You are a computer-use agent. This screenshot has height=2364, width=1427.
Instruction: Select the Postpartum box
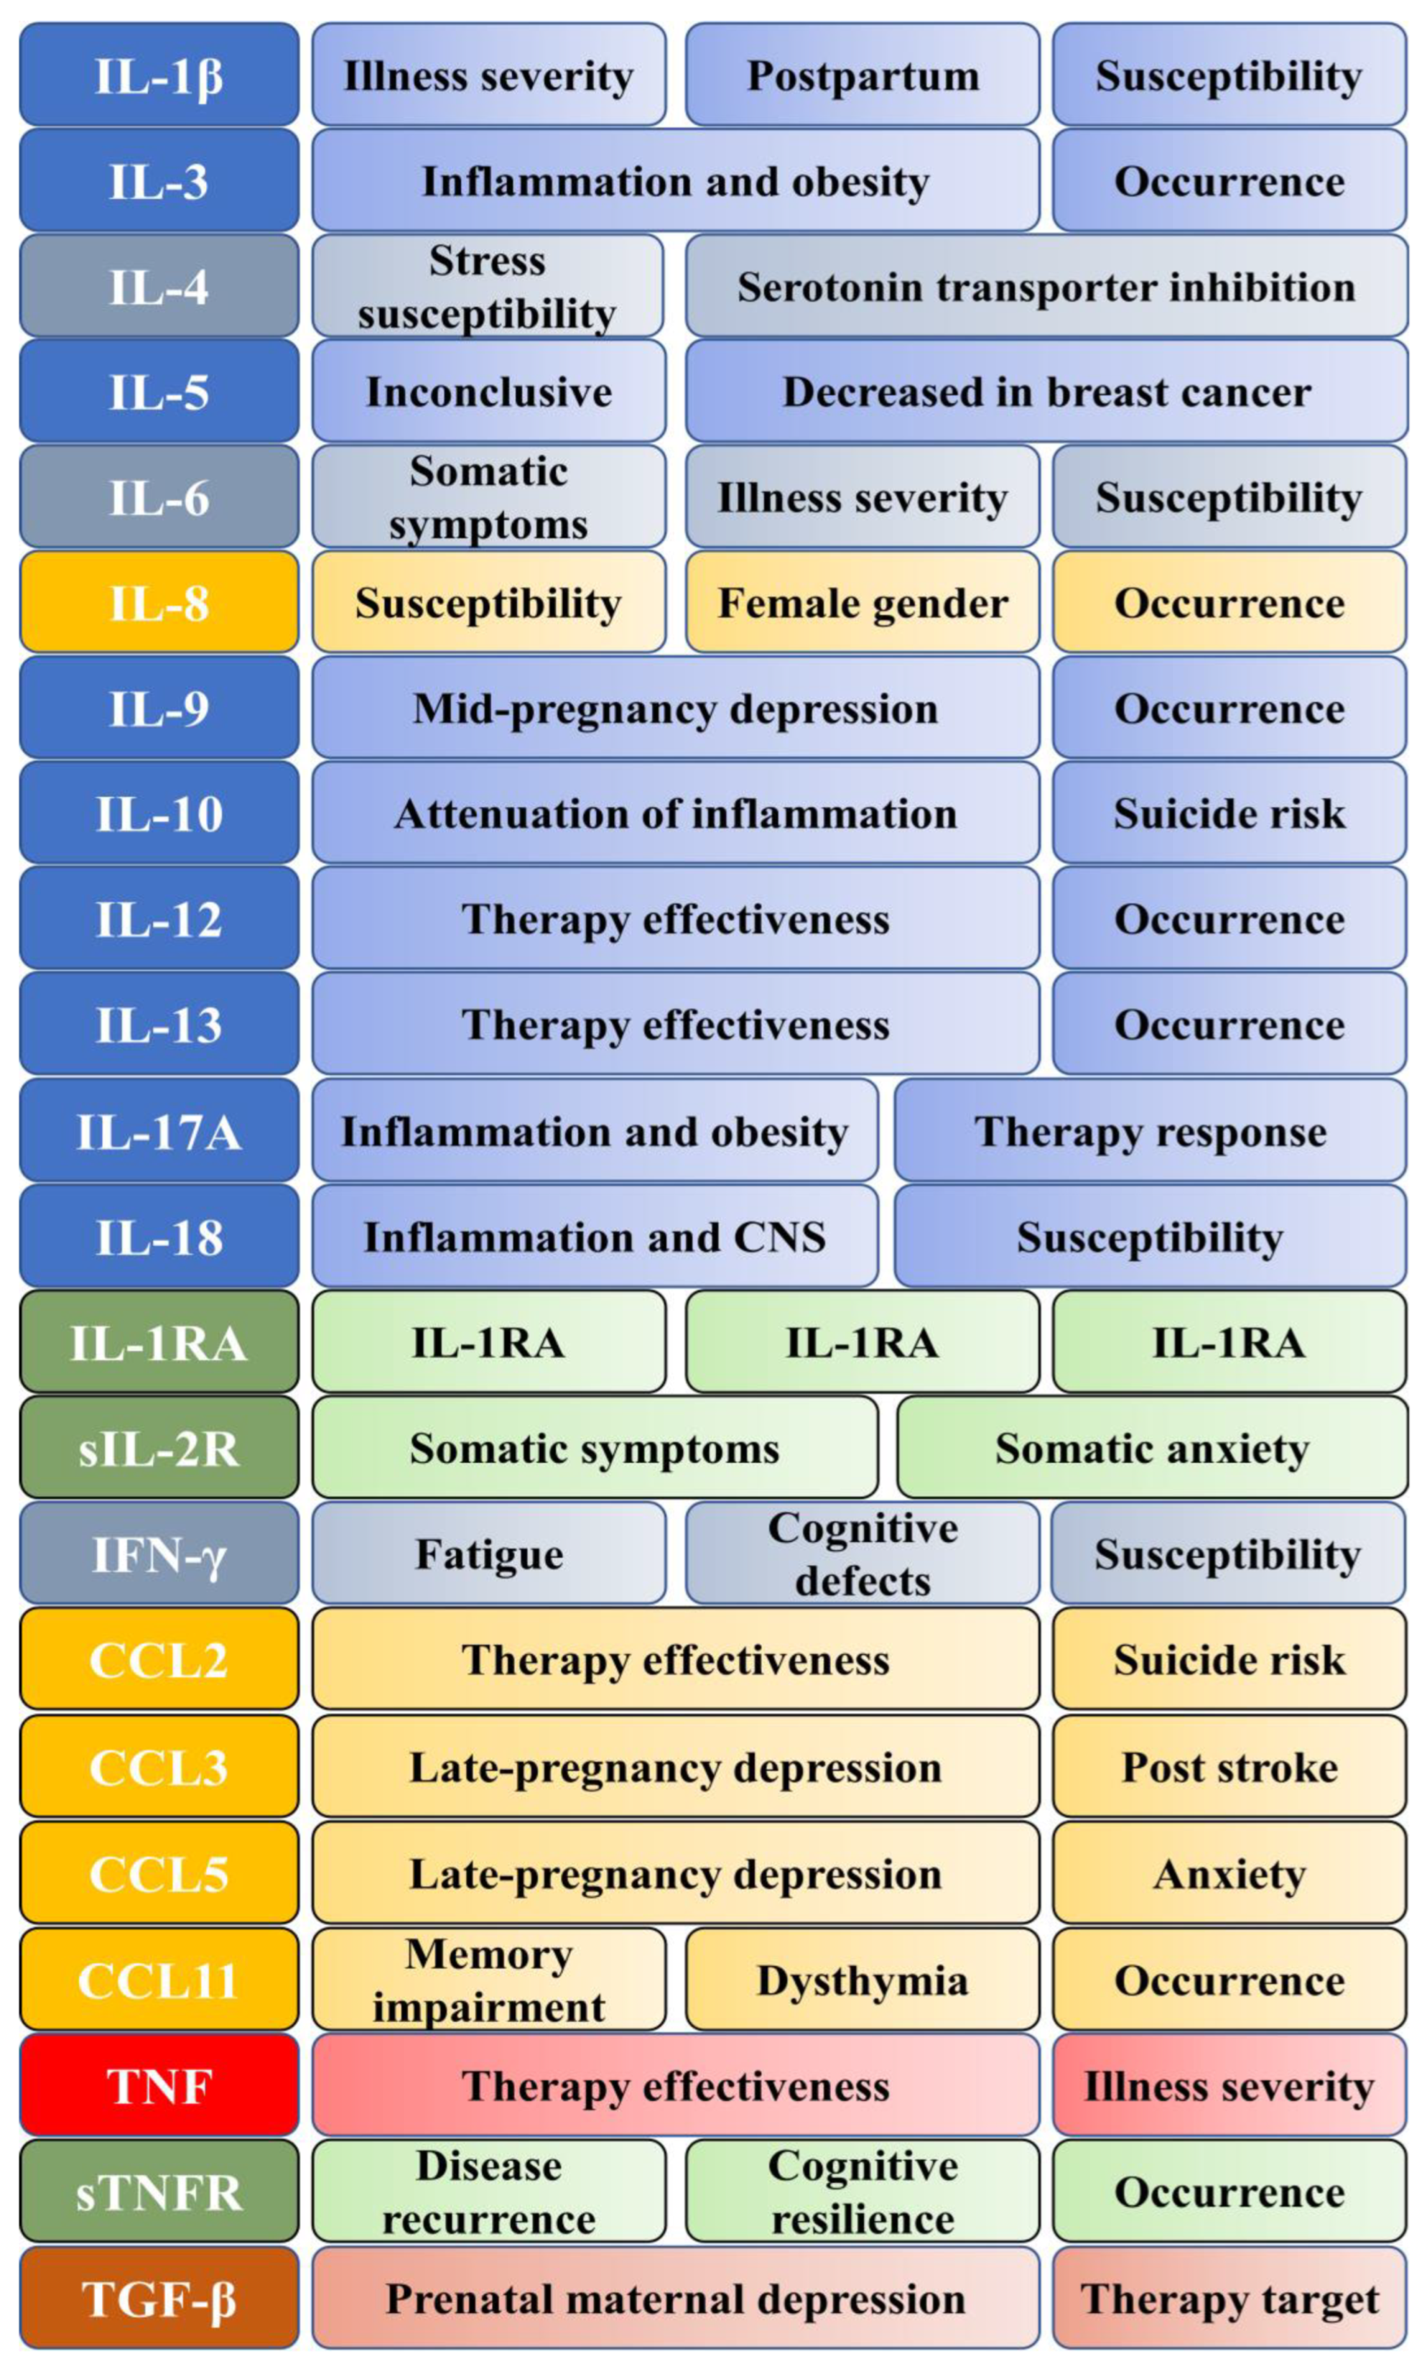coord(861,75)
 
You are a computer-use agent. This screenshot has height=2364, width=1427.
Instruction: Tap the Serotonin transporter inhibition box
coord(1045,286)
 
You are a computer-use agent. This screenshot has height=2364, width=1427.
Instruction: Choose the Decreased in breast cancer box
coord(1045,391)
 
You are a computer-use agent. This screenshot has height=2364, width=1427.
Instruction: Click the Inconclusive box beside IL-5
coord(488,391)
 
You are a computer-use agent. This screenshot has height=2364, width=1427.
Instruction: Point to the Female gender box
coord(861,602)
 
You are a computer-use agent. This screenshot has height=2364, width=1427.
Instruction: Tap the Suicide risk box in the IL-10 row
coord(1229,814)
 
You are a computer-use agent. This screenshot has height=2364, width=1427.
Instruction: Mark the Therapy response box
coord(1149,1131)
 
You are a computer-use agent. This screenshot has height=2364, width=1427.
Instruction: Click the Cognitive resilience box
coord(861,2192)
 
